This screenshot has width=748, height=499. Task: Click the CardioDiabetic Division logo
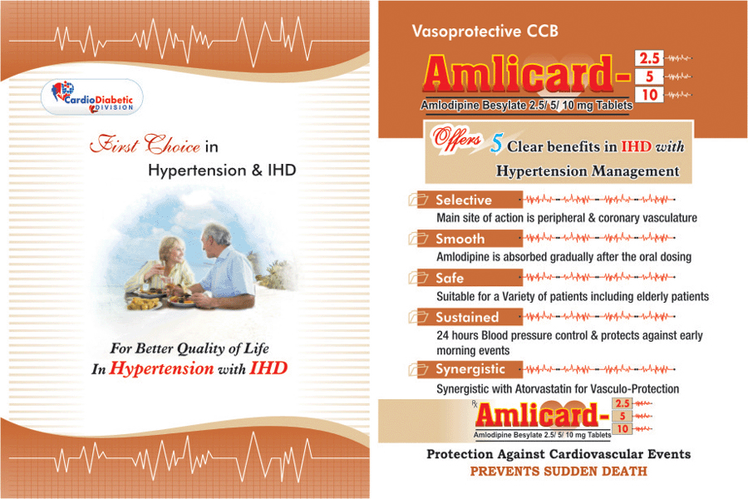pos(92,97)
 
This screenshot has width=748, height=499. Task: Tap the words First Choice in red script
pos(145,144)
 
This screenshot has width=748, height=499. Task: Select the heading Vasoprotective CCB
pos(485,31)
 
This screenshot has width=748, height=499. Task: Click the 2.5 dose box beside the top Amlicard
pos(649,58)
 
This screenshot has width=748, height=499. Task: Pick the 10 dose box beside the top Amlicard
pos(649,95)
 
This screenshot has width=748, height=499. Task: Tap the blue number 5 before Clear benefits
pos(496,143)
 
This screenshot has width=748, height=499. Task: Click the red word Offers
pos(456,139)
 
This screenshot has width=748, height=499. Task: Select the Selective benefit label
pos(463,200)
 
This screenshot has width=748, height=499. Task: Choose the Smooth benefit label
pos(460,239)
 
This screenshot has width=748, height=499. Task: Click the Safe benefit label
pos(450,278)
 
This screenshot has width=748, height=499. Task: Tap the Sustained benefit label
pos(467,317)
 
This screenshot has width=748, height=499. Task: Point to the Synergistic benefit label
pos(470,369)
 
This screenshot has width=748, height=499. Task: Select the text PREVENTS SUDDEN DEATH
pos(559,472)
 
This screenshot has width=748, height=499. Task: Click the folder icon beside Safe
pos(418,278)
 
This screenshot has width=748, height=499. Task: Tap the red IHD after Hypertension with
pos(268,368)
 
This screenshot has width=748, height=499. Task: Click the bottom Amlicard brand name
pos(544,414)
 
